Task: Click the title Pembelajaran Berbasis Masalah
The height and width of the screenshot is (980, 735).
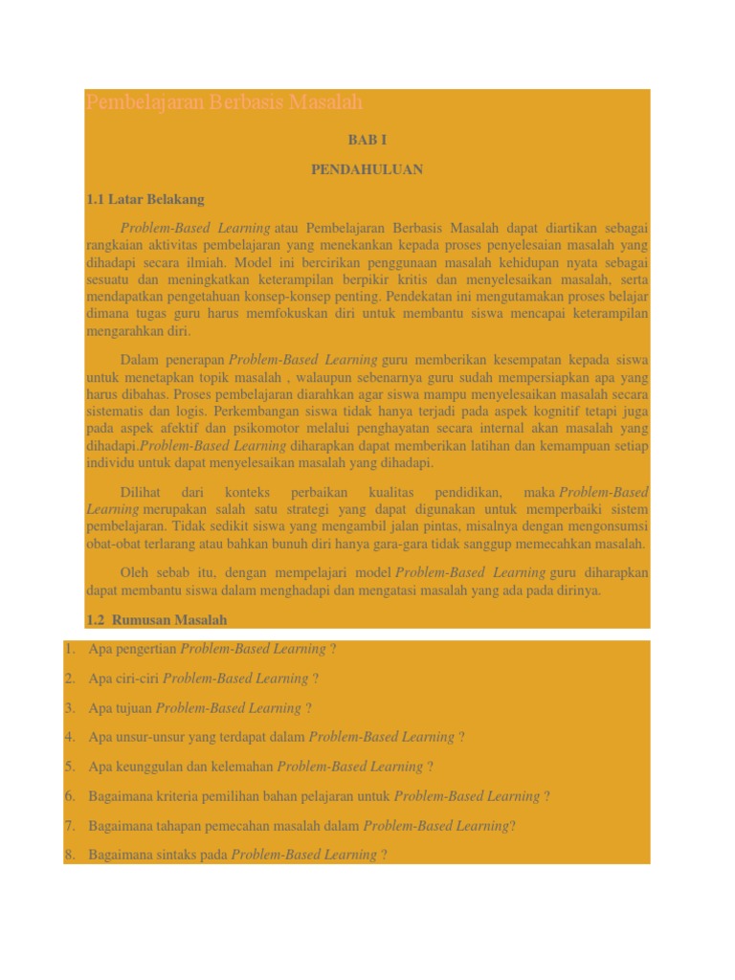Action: [x=224, y=102]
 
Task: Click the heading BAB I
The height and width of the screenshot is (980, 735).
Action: [x=367, y=140]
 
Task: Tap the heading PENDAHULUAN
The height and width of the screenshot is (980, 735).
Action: [x=367, y=169]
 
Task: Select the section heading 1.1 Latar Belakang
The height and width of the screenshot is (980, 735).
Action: [x=145, y=199]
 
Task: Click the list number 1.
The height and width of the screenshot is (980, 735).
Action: [x=69, y=649]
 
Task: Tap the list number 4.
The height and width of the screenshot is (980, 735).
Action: [x=69, y=737]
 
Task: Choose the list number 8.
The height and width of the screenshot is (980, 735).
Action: [x=69, y=855]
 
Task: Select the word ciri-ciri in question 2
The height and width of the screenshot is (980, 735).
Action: [x=138, y=679]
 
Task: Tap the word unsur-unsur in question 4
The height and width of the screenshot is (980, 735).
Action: [x=148, y=737]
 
